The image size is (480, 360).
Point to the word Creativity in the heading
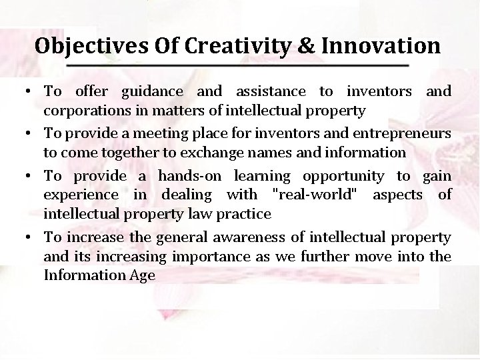232,46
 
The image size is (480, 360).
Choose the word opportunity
343,176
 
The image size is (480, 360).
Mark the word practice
245,214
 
